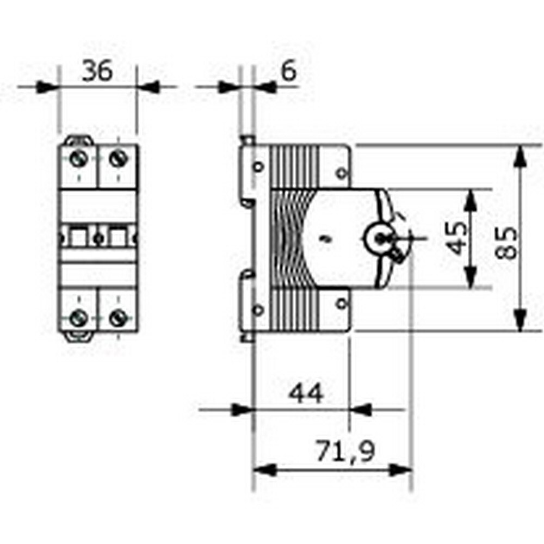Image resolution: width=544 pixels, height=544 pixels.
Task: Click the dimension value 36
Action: (x=97, y=71)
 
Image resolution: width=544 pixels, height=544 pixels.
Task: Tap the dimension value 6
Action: (x=288, y=71)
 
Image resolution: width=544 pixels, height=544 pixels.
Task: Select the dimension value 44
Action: (x=305, y=393)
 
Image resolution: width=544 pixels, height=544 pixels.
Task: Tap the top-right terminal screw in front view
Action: (x=118, y=159)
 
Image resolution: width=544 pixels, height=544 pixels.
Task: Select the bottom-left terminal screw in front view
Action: (x=79, y=317)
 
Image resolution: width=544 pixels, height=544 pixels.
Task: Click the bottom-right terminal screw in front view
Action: (x=118, y=317)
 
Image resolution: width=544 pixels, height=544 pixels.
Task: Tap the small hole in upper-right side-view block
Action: (x=341, y=174)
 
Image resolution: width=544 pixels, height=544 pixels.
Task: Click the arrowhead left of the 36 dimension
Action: (x=47, y=86)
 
